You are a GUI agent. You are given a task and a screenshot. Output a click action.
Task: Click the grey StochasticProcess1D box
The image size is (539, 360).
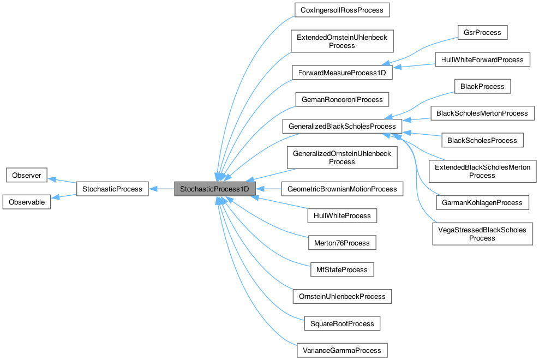(214, 189)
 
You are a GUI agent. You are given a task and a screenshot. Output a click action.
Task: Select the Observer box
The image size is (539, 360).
(26, 176)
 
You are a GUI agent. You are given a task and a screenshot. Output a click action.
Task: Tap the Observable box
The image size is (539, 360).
(26, 201)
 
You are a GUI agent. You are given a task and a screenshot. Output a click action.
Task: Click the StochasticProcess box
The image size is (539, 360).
(112, 189)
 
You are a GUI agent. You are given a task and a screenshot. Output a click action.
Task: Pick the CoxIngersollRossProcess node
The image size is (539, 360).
(342, 10)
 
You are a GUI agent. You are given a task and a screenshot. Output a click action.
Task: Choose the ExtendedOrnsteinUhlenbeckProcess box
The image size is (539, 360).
(342, 41)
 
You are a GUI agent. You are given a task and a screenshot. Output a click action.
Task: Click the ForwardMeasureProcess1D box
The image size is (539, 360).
(342, 73)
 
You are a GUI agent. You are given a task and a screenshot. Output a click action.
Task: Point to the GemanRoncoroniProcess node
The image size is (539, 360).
(342, 99)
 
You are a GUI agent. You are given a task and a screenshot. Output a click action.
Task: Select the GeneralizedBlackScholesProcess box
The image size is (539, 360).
(342, 127)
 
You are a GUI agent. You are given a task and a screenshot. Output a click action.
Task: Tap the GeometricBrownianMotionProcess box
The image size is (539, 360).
(342, 189)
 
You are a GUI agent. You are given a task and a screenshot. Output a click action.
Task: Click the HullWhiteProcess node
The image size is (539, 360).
(342, 216)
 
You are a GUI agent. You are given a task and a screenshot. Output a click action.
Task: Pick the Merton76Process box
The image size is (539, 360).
(342, 243)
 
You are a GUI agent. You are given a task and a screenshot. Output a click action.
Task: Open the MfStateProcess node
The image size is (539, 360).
(342, 269)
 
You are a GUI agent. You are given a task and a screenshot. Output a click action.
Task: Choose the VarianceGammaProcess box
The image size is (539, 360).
(342, 350)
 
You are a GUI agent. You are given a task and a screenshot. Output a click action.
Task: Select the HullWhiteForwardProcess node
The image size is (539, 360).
(482, 59)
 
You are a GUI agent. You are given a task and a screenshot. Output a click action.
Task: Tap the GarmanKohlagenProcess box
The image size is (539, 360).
(482, 202)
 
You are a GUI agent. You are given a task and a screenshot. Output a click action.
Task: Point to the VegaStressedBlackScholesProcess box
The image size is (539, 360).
(482, 234)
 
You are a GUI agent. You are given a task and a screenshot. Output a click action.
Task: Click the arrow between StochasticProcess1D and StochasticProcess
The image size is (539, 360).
(161, 189)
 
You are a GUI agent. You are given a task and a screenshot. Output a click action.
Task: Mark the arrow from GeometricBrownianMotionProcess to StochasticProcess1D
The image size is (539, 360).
(268, 189)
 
